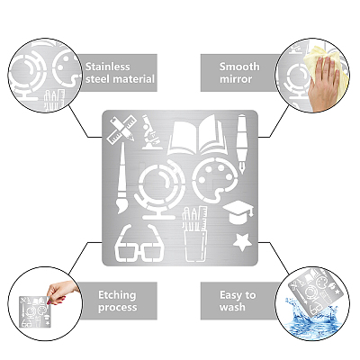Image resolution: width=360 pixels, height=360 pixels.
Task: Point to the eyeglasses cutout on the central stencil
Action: tap(139, 244)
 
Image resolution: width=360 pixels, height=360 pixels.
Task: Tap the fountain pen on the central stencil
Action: tap(242, 143)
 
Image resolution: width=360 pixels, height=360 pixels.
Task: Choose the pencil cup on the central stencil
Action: tap(195, 234)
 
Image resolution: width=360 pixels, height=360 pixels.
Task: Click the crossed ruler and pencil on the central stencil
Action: tap(121, 130)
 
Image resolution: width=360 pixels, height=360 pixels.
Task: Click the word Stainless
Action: tap(108, 67)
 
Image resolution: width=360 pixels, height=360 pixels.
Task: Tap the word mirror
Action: tap(236, 79)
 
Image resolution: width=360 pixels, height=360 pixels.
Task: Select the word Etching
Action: tap(117, 295)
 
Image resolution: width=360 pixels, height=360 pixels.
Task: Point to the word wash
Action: tap(232, 307)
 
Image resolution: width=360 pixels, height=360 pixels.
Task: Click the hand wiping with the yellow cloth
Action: tap(323, 84)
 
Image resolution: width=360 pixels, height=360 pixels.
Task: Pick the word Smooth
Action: tap(239, 67)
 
